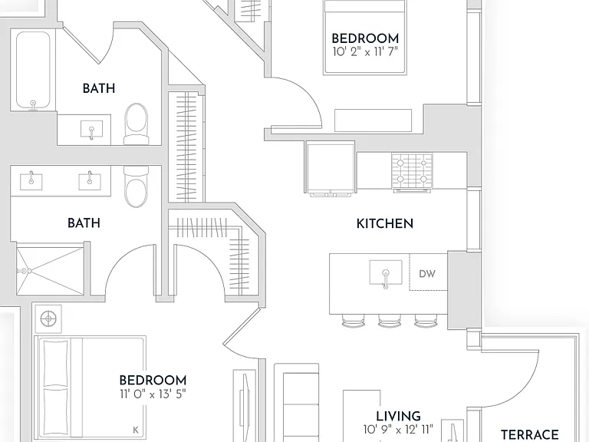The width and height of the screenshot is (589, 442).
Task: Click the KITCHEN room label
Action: pyautogui.click(x=385, y=223)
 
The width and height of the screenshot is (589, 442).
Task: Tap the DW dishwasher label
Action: pyautogui.click(x=427, y=274)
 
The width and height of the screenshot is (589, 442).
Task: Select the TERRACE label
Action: pyautogui.click(x=530, y=435)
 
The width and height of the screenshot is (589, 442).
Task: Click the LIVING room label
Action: pyautogui.click(x=398, y=417)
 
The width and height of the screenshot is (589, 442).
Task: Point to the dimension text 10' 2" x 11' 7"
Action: pyautogui.click(x=365, y=51)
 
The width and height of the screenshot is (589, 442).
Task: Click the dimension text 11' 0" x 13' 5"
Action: pyautogui.click(x=153, y=394)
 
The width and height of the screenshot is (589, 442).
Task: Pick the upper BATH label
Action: pyautogui.click(x=99, y=89)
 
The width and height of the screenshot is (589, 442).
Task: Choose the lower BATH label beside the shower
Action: pyautogui.click(x=84, y=223)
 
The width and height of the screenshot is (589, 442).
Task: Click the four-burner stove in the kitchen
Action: pyautogui.click(x=412, y=172)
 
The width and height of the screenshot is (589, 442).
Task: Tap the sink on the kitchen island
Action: pyautogui.click(x=386, y=274)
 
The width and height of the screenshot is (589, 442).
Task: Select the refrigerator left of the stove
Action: pyautogui.click(x=331, y=167)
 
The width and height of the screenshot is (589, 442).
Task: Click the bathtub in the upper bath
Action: pyautogui.click(x=33, y=71)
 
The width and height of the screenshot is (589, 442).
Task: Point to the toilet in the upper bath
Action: pyautogui.click(x=137, y=124)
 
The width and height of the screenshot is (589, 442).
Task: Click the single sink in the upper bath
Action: pyautogui.click(x=92, y=129)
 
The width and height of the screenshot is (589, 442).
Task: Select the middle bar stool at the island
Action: pyautogui.click(x=390, y=321)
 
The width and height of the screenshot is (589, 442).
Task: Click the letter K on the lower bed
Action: pyautogui.click(x=136, y=430)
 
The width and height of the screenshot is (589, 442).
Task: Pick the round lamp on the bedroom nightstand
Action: pyautogui.click(x=48, y=319)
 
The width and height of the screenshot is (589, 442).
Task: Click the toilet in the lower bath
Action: pyautogui.click(x=137, y=186)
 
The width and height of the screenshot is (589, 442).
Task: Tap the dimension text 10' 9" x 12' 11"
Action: pyautogui.click(x=398, y=429)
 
